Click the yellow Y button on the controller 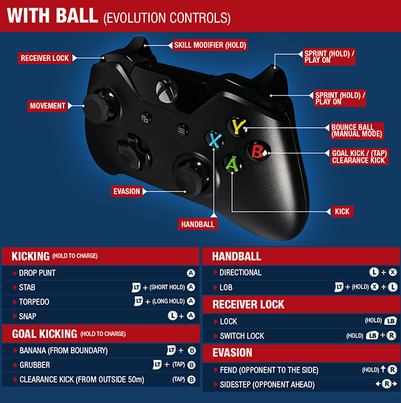pos(237,125)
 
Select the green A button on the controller pos(231,163)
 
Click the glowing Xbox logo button pos(163,88)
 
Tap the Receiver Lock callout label pos(45,58)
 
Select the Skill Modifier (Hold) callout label pos(210,45)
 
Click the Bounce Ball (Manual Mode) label pos(357,130)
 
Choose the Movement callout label pos(47,105)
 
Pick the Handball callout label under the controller pos(198,224)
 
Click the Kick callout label pos(342,212)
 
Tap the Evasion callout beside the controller pos(127,191)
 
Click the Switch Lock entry pos(242,335)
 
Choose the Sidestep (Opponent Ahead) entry pos(265,384)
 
